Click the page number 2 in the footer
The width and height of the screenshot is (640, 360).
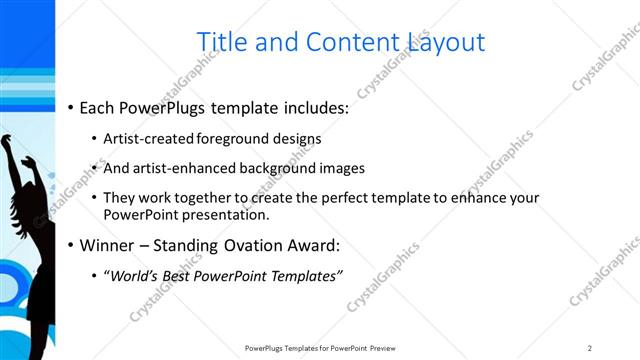coord(590,348)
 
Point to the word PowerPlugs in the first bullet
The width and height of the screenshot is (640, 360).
coord(163,107)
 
